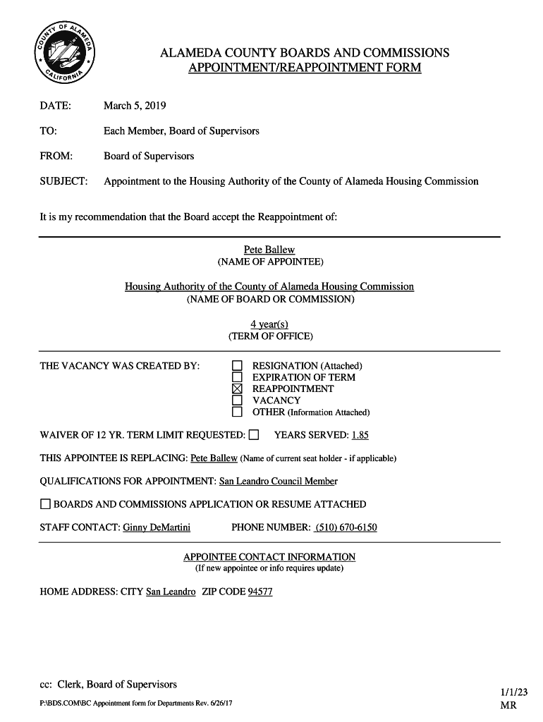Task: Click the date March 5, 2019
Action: (x=135, y=106)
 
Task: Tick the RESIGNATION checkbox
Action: (x=238, y=366)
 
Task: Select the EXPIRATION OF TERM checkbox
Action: (x=238, y=377)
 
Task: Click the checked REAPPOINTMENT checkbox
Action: (x=238, y=388)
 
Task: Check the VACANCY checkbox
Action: (x=238, y=400)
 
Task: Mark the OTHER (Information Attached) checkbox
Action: (x=238, y=412)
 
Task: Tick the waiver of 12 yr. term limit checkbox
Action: (x=254, y=434)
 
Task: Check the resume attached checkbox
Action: (x=45, y=504)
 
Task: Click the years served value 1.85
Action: (x=360, y=435)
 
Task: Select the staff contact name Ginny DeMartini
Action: (x=157, y=527)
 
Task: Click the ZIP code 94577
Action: (x=260, y=592)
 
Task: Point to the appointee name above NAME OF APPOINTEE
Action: (x=269, y=250)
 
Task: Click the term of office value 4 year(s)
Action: (x=269, y=324)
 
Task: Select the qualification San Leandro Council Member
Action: (x=279, y=481)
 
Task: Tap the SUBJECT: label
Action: (x=63, y=181)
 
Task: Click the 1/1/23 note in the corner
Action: (x=514, y=693)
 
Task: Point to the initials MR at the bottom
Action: (x=508, y=705)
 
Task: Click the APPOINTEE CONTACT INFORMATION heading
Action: (x=269, y=557)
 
